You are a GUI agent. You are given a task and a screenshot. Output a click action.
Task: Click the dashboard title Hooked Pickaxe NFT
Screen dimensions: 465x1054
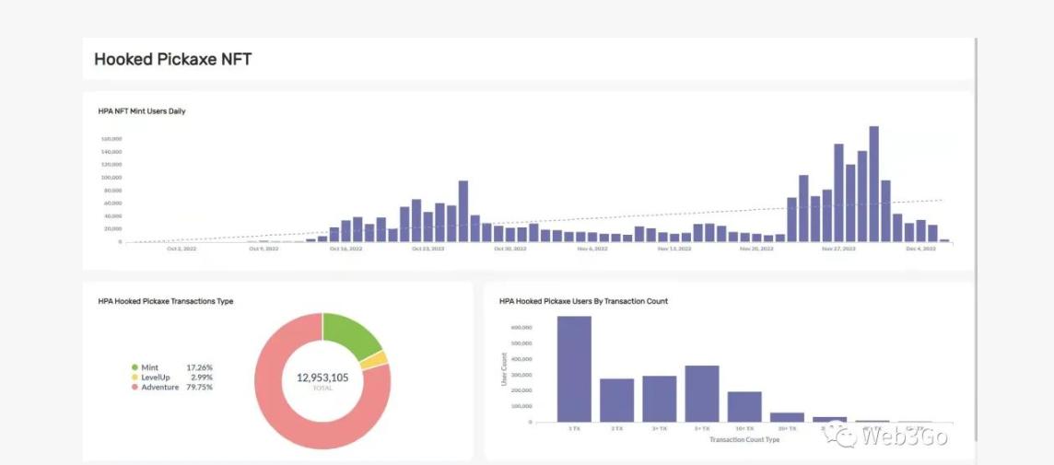point(172,60)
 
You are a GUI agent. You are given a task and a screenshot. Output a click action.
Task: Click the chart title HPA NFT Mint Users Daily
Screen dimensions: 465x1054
point(142,111)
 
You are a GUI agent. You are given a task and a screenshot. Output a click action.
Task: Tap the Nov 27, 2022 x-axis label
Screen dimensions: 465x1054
point(838,249)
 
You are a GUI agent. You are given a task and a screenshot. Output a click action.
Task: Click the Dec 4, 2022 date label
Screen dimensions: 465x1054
point(920,249)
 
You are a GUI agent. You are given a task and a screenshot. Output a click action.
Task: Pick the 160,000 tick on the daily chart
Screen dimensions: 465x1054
point(111,139)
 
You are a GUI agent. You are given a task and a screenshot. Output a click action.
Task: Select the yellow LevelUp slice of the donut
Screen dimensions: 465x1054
point(373,360)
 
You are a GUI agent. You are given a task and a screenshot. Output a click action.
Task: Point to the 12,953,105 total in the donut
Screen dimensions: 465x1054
point(322,378)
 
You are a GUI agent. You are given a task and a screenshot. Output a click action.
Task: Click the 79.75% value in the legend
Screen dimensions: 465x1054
point(199,387)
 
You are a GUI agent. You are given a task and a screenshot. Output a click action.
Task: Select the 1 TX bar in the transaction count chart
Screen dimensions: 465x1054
point(574,369)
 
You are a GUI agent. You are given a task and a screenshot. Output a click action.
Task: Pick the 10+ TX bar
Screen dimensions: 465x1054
point(744,406)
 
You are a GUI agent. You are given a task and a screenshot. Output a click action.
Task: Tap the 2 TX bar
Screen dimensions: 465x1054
point(616,400)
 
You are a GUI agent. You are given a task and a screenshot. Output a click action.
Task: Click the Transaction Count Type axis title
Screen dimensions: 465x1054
point(744,440)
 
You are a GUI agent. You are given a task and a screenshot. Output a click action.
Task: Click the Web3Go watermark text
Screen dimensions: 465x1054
point(904,436)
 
